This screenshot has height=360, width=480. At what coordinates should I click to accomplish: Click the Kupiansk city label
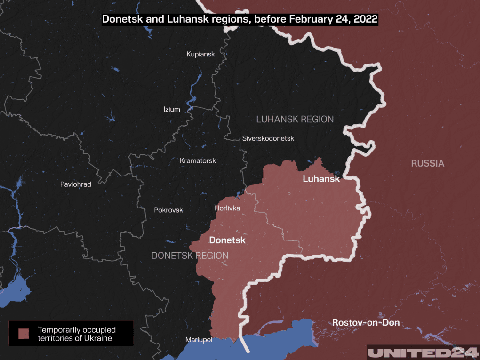200,54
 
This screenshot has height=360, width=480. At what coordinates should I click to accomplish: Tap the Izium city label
171,109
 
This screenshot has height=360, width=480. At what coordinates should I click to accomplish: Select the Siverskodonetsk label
268,138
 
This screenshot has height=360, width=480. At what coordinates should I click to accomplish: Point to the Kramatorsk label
198,160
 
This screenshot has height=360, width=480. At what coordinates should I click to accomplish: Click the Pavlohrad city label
75,184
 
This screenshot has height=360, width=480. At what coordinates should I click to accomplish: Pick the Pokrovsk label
168,210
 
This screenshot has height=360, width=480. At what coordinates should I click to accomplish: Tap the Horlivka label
227,208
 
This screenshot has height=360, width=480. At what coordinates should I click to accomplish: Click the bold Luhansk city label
321,179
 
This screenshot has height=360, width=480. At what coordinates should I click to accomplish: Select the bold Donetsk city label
227,240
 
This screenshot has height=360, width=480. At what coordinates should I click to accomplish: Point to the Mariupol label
199,339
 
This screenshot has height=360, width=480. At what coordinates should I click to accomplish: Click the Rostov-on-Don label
366,322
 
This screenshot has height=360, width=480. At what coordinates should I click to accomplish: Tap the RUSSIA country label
427,164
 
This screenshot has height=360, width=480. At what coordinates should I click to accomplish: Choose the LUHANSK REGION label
295,119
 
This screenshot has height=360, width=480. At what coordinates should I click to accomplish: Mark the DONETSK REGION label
190,256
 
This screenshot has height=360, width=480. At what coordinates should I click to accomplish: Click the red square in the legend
24,334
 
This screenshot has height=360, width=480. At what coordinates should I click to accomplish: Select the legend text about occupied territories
77,334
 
